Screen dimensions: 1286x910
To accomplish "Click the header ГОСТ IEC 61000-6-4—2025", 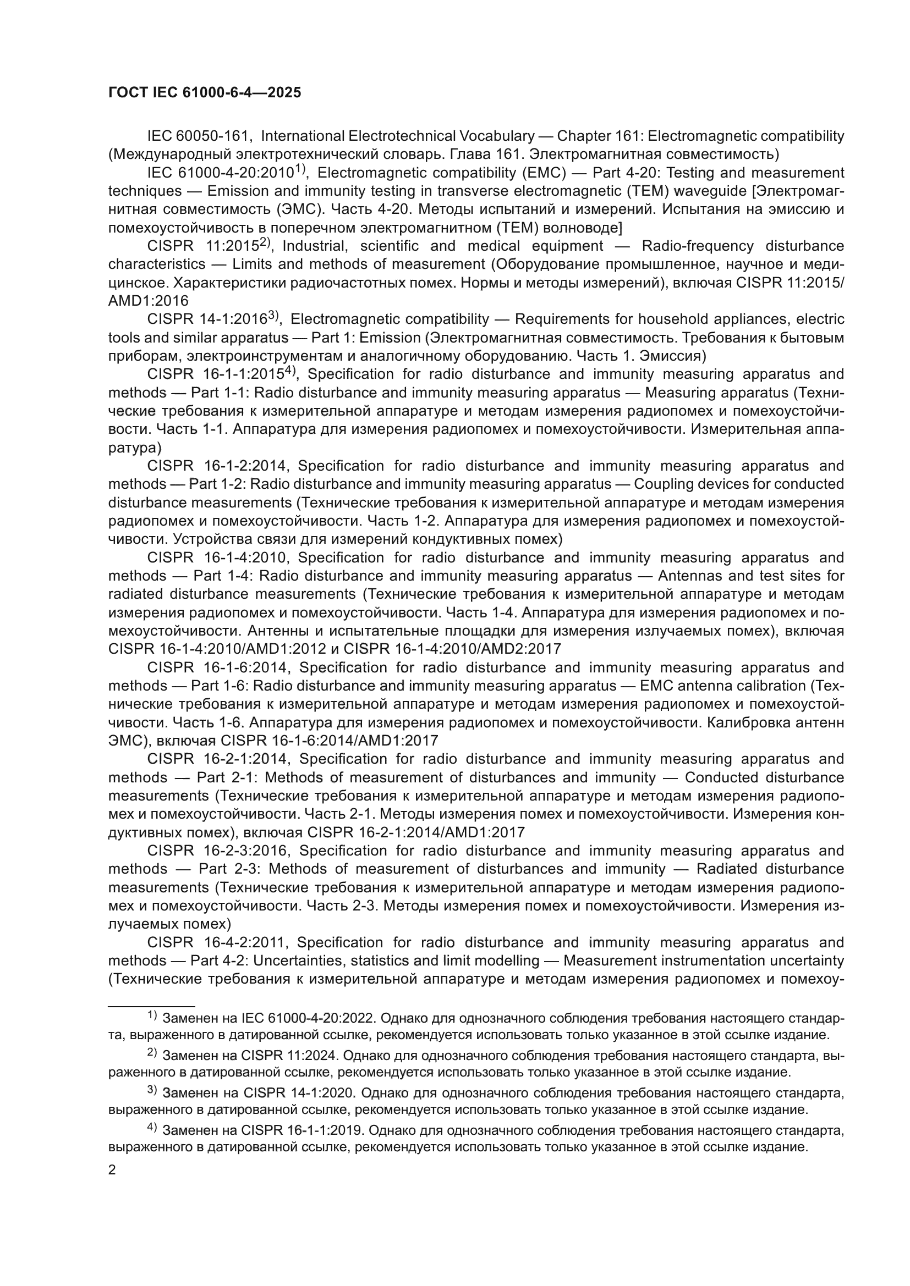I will (x=205, y=93).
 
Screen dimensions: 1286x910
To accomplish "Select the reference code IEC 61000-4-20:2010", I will (x=221, y=173).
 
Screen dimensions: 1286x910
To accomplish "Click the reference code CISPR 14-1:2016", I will (x=207, y=320).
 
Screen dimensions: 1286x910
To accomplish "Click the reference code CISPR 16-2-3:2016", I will (x=218, y=851).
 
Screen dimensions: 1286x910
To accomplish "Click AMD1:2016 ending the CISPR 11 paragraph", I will (x=149, y=301).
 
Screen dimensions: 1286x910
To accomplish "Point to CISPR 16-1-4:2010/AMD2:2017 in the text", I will (x=452, y=649).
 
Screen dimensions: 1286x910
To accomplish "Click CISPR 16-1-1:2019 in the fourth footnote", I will (x=303, y=1131).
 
